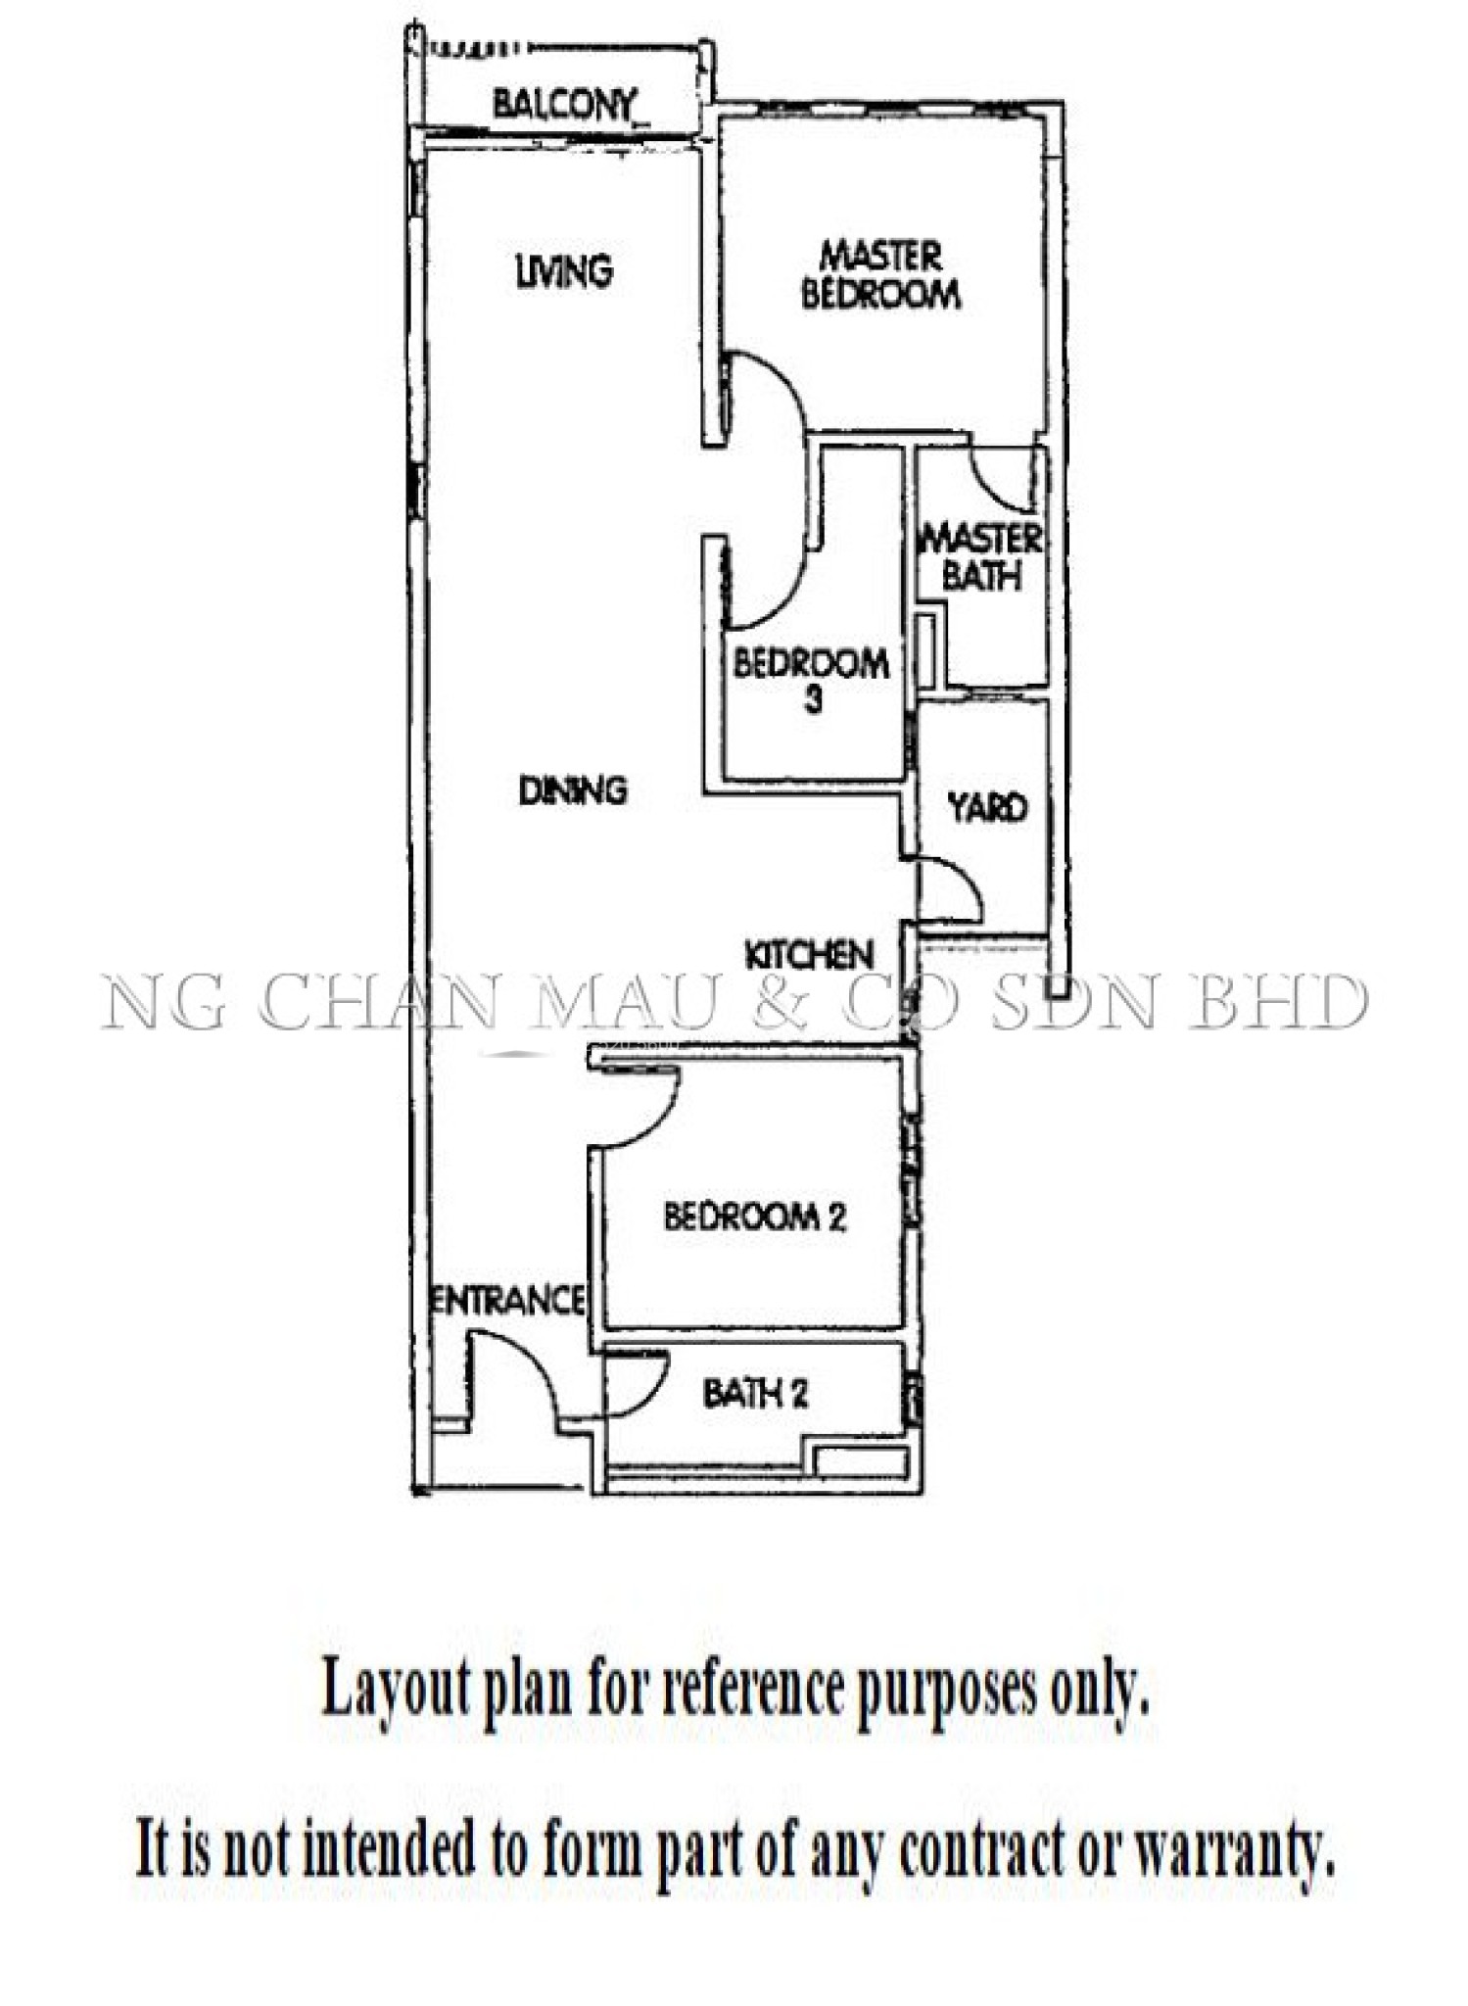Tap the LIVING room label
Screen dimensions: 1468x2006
pos(564,271)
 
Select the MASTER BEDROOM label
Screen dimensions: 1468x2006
pos(880,275)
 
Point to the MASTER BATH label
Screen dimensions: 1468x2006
pos(982,556)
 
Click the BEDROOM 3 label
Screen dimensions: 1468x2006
pos(812,680)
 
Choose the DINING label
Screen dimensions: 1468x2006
pos(573,790)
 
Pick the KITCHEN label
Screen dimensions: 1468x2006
pos(809,955)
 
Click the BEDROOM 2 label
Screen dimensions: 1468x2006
pos(755,1218)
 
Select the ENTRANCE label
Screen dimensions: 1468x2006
pos(509,1301)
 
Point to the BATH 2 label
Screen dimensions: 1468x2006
pos(755,1393)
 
